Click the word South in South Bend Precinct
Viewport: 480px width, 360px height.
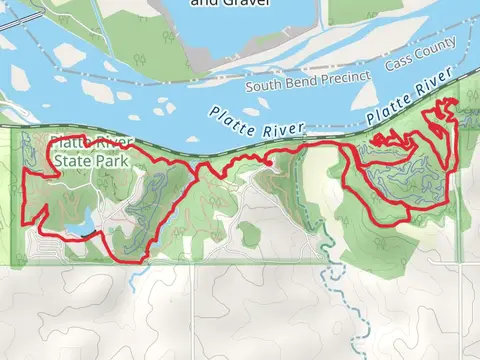[271, 86]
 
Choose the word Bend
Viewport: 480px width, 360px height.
[303, 81]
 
